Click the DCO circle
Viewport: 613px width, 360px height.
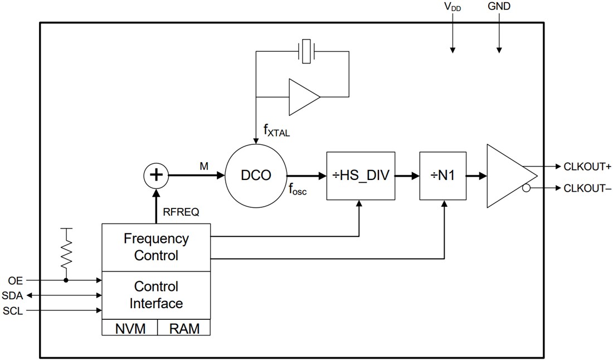pyautogui.click(x=256, y=175)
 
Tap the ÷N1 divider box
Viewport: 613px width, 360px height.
pyautogui.click(x=444, y=175)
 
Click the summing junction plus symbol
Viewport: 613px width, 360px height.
pyautogui.click(x=157, y=175)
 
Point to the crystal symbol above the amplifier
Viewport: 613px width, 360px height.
pyautogui.click(x=306, y=51)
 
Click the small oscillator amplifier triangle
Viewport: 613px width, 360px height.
pyautogui.click(x=303, y=97)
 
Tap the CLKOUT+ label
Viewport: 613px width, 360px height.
pyautogui.click(x=587, y=166)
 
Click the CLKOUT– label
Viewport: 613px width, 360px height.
pyautogui.click(x=587, y=188)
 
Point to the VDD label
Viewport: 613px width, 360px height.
pyautogui.click(x=452, y=7)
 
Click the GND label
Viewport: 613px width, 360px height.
pyautogui.click(x=499, y=7)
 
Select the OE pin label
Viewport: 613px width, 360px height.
pyautogui.click(x=16, y=280)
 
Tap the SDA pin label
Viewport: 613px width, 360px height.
pyautogui.click(x=13, y=295)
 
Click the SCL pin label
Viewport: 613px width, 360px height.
pyautogui.click(x=13, y=311)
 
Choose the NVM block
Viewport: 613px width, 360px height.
pyautogui.click(x=130, y=328)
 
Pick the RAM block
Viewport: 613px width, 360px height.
pyautogui.click(x=184, y=328)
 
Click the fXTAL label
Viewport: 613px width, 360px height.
pyautogui.click(x=276, y=132)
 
